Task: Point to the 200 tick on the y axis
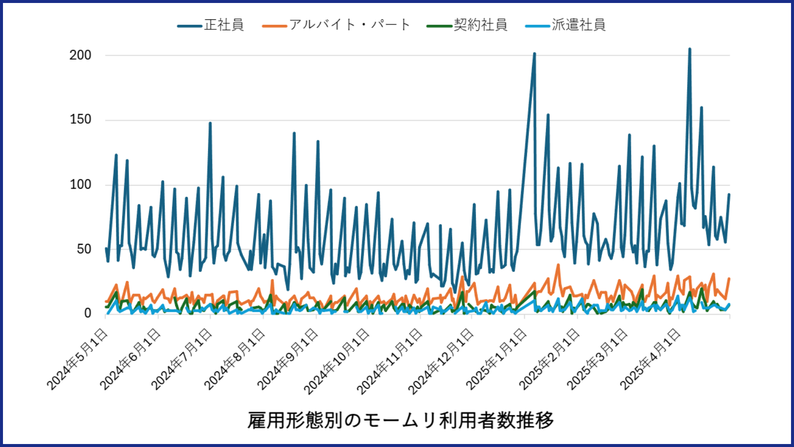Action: tap(80, 55)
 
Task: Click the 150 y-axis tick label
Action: tap(80, 120)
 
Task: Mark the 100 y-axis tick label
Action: tap(80, 185)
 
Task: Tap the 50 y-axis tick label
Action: tap(84, 249)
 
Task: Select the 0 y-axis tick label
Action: tap(87, 313)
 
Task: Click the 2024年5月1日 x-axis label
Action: tap(77, 359)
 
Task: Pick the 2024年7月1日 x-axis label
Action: tap(182, 359)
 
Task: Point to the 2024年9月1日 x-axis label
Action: tap(288, 359)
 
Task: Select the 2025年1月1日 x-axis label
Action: tap(496, 359)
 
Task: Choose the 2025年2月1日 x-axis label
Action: tap(549, 359)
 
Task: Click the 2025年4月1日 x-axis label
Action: tap(651, 359)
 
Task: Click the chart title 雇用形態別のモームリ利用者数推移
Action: tap(400, 420)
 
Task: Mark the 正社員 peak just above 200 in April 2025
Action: tap(689, 49)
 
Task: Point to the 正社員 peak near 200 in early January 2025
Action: tap(534, 54)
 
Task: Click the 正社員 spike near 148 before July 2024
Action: tap(210, 123)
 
